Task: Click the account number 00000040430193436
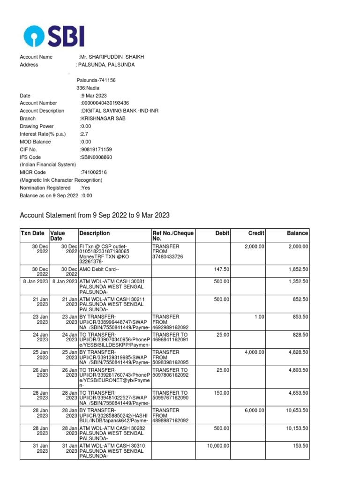[105, 103]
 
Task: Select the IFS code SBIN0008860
[97, 157]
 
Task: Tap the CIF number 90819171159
[96, 150]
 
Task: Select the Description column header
[95, 233]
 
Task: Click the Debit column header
[222, 233]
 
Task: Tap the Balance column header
[297, 233]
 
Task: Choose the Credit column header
[256, 233]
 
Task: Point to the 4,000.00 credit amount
[255, 352]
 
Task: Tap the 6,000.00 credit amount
[255, 411]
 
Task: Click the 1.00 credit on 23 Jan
[259, 317]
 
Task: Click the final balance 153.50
[300, 446]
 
